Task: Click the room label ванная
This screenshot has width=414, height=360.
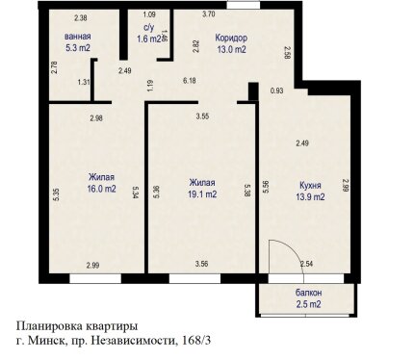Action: pos(77,37)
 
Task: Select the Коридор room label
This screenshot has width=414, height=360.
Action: pos(231,38)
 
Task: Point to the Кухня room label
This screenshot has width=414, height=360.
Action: pos(310,186)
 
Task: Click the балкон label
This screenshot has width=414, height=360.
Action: pos(308,293)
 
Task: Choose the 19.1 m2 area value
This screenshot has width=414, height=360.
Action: pos(202,194)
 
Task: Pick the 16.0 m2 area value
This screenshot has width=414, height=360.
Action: pos(101,189)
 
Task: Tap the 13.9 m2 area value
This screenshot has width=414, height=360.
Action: pos(310,196)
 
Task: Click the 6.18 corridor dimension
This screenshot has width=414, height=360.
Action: pos(190,81)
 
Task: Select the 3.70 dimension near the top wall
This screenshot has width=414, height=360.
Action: pos(209,14)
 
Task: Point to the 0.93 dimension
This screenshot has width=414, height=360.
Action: pos(276,90)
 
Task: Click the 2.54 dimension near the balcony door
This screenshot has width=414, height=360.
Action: pos(306,264)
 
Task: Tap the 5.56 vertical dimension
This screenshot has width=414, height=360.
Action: pos(266,187)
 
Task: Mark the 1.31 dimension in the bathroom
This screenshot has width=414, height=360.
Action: pos(84,82)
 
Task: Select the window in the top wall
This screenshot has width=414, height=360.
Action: pos(244,5)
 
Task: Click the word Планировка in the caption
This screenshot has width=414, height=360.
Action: pos(50,326)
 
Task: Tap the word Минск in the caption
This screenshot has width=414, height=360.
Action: pos(46,340)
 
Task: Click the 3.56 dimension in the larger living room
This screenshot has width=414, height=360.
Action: pos(201,264)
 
